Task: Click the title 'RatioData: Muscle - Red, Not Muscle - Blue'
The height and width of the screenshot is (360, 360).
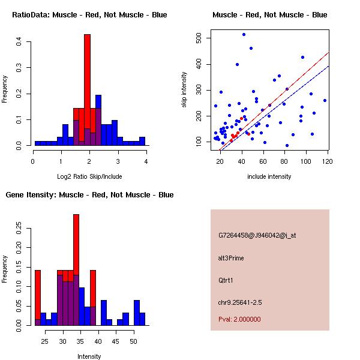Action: pyautogui.click(x=89, y=14)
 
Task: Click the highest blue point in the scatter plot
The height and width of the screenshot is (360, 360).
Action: pyautogui.click(x=244, y=34)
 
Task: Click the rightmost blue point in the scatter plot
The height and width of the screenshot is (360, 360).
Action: pyautogui.click(x=325, y=100)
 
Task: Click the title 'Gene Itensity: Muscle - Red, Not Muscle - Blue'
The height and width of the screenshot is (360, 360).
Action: pyautogui.click(x=89, y=195)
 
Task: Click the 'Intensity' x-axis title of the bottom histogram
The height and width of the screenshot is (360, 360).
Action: pyautogui.click(x=89, y=356)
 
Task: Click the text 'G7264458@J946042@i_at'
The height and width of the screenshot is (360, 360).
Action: pyautogui.click(x=257, y=235)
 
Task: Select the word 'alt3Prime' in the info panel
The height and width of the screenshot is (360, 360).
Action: pyautogui.click(x=231, y=258)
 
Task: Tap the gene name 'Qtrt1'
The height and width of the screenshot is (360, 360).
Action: pyautogui.click(x=226, y=280)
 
